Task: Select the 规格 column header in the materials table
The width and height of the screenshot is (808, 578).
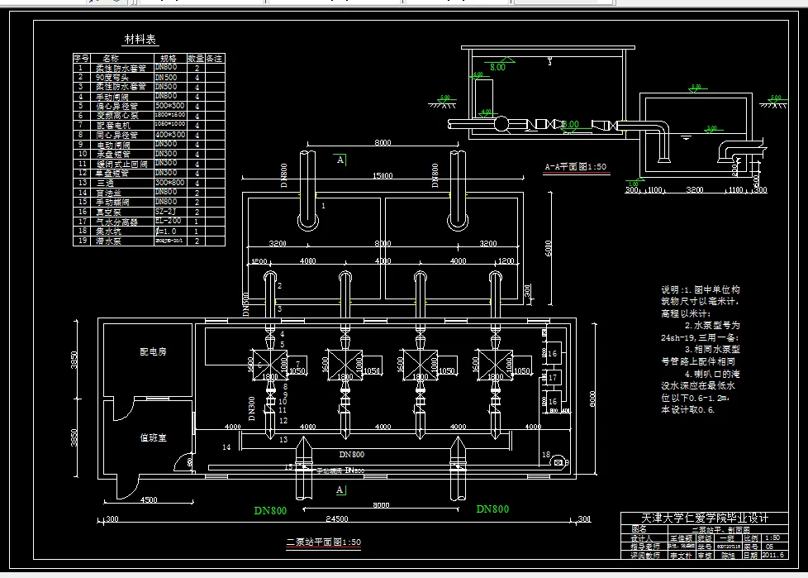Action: pyautogui.click(x=168, y=59)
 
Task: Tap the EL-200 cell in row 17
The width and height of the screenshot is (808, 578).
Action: pyautogui.click(x=169, y=221)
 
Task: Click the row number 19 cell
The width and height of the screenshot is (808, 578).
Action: pyautogui.click(x=81, y=241)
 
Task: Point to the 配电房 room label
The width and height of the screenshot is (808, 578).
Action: pyautogui.click(x=153, y=351)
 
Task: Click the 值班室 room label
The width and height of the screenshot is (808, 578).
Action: pyautogui.click(x=153, y=437)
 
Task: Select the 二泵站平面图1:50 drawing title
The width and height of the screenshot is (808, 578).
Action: pyautogui.click(x=323, y=542)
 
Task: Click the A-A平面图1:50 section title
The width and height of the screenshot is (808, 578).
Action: pyautogui.click(x=575, y=166)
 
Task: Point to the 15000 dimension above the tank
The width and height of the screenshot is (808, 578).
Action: pyautogui.click(x=381, y=176)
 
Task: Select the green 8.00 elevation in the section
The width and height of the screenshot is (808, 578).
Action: pyautogui.click(x=497, y=67)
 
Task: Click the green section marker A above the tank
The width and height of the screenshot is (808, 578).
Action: pyautogui.click(x=340, y=160)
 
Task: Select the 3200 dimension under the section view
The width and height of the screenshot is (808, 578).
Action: pyautogui.click(x=695, y=189)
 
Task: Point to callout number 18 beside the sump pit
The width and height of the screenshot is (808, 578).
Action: pyautogui.click(x=545, y=454)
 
